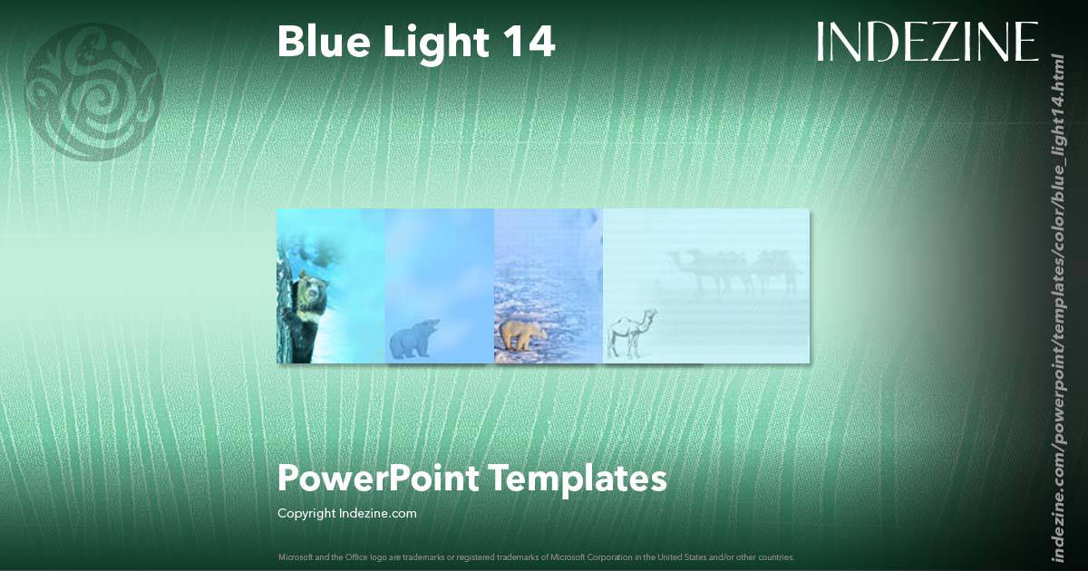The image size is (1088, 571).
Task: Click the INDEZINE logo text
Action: tap(927, 42)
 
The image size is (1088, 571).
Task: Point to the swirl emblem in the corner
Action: tap(93, 92)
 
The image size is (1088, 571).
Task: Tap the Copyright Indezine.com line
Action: tap(346, 513)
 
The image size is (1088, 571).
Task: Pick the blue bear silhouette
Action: tap(413, 338)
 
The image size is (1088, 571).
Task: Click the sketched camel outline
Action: tap(628, 334)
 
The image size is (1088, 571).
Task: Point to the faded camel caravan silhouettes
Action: tap(734, 270)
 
